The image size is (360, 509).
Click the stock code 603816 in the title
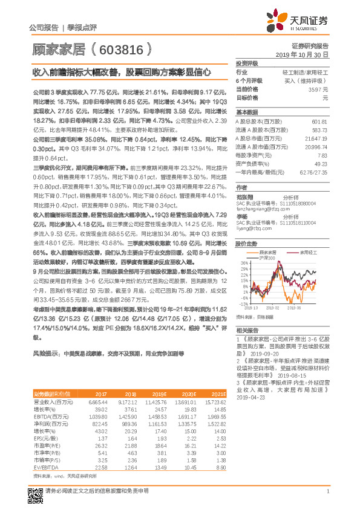pos(122,47)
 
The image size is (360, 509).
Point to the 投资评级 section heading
pos(247,63)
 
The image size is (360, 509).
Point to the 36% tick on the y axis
pos(242,263)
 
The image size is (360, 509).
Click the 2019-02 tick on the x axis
pos(271,307)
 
